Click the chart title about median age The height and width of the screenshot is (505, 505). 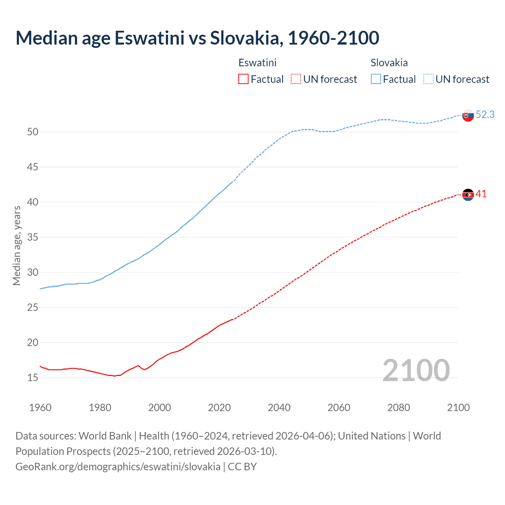click(x=197, y=38)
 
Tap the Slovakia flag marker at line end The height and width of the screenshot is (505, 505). click(x=468, y=116)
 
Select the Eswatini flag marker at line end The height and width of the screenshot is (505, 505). click(x=468, y=195)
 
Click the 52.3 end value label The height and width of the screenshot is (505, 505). click(x=485, y=114)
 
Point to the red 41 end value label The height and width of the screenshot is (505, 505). click(x=481, y=194)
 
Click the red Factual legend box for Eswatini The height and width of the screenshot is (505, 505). click(x=243, y=79)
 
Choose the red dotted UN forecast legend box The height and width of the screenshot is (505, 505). click(x=296, y=79)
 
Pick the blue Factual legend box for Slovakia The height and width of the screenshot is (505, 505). click(x=376, y=79)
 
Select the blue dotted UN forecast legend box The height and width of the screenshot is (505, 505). click(x=428, y=79)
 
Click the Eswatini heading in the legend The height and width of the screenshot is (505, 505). click(x=257, y=63)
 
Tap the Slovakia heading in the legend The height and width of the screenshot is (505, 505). click(x=389, y=63)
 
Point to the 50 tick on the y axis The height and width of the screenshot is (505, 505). click(x=33, y=132)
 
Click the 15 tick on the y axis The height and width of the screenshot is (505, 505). click(x=33, y=378)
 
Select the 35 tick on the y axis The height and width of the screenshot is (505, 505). click(x=33, y=237)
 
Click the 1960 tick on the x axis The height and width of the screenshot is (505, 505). click(x=40, y=408)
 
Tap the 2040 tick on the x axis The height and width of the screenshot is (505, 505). click(x=279, y=408)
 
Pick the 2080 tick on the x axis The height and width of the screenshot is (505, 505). click(x=398, y=408)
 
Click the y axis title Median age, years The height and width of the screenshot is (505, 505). click(x=17, y=245)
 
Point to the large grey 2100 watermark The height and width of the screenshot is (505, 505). click(x=416, y=370)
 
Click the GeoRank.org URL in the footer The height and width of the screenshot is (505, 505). click(x=118, y=466)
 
